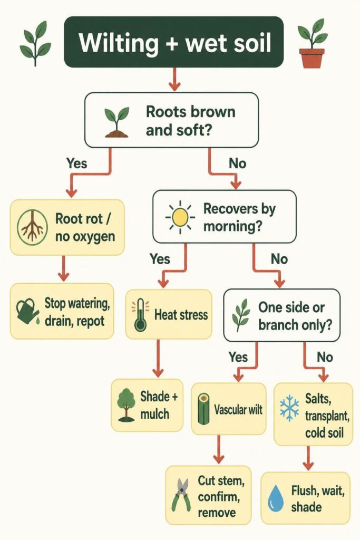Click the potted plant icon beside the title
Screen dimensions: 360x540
tap(312, 43)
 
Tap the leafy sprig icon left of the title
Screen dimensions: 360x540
tap(35, 43)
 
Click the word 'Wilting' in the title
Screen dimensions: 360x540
tap(119, 43)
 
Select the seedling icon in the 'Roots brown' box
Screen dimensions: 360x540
tap(117, 122)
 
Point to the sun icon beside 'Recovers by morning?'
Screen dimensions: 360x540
tap(180, 217)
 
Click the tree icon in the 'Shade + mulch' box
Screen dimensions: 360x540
tap(126, 406)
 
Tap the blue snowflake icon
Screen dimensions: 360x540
tap(289, 408)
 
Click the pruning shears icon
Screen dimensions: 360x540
tap(181, 495)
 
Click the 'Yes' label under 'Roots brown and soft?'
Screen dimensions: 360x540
tap(77, 163)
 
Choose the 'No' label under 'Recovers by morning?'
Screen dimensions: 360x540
tap(279, 258)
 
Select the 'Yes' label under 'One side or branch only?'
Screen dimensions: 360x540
tap(239, 357)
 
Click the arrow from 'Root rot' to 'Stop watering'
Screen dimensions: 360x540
tap(63, 268)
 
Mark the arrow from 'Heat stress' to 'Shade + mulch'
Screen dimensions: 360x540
tap(158, 358)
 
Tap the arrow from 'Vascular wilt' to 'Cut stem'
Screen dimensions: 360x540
tap(219, 449)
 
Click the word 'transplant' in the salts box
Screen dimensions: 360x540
tap(327, 416)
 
